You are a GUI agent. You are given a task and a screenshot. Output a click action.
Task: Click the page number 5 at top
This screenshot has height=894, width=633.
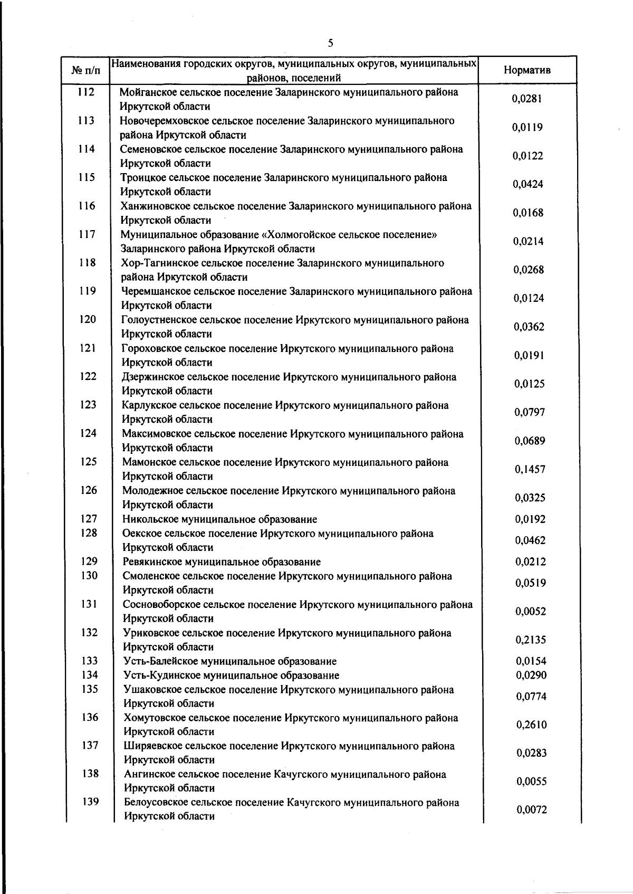pos(330,43)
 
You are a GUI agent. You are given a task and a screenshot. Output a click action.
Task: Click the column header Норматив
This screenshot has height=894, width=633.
pos(527,70)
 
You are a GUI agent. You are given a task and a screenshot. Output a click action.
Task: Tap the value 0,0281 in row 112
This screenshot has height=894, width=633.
pos(527,99)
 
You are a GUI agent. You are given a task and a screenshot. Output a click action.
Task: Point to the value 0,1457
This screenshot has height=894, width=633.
pos(530,469)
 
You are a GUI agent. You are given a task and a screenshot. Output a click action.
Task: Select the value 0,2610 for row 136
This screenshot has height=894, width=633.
pos(531,725)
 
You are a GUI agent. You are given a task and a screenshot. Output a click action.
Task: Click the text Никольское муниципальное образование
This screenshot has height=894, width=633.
pos(219,519)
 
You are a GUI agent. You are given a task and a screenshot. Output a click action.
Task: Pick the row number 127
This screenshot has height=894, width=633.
pos(89,519)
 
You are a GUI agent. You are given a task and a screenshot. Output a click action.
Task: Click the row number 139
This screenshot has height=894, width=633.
pos(90,802)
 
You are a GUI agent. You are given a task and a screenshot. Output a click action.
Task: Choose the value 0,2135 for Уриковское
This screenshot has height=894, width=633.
pos(531,640)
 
